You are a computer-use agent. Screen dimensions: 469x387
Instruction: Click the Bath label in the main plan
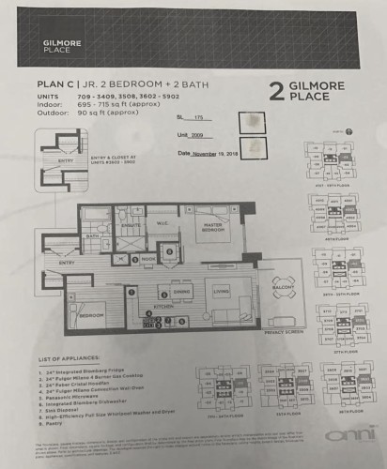pos(93,236)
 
